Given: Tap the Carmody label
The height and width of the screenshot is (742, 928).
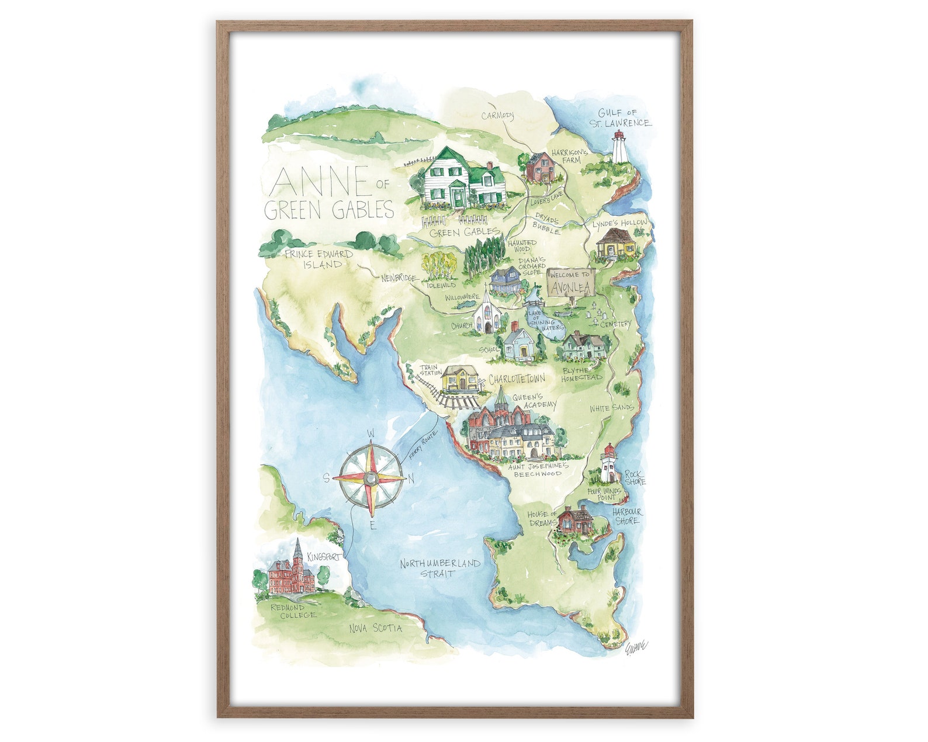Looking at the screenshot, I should point(497,116).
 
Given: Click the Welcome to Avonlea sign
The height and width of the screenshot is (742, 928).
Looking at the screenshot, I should point(570,282).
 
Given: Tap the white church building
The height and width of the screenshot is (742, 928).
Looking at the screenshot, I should point(487,315).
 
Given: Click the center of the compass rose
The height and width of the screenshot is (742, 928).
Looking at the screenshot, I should point(370,479).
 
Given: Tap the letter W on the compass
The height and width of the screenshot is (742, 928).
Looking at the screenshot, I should point(370,434).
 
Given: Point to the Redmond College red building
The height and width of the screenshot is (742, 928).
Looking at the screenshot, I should point(291,574).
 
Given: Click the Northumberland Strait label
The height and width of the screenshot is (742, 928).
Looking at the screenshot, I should point(440,568).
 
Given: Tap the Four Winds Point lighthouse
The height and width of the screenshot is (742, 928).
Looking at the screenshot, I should point(609,464).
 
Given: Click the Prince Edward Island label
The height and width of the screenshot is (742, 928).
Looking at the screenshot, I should point(319,259).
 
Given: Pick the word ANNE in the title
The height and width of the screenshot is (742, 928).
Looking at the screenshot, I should point(320,182).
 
